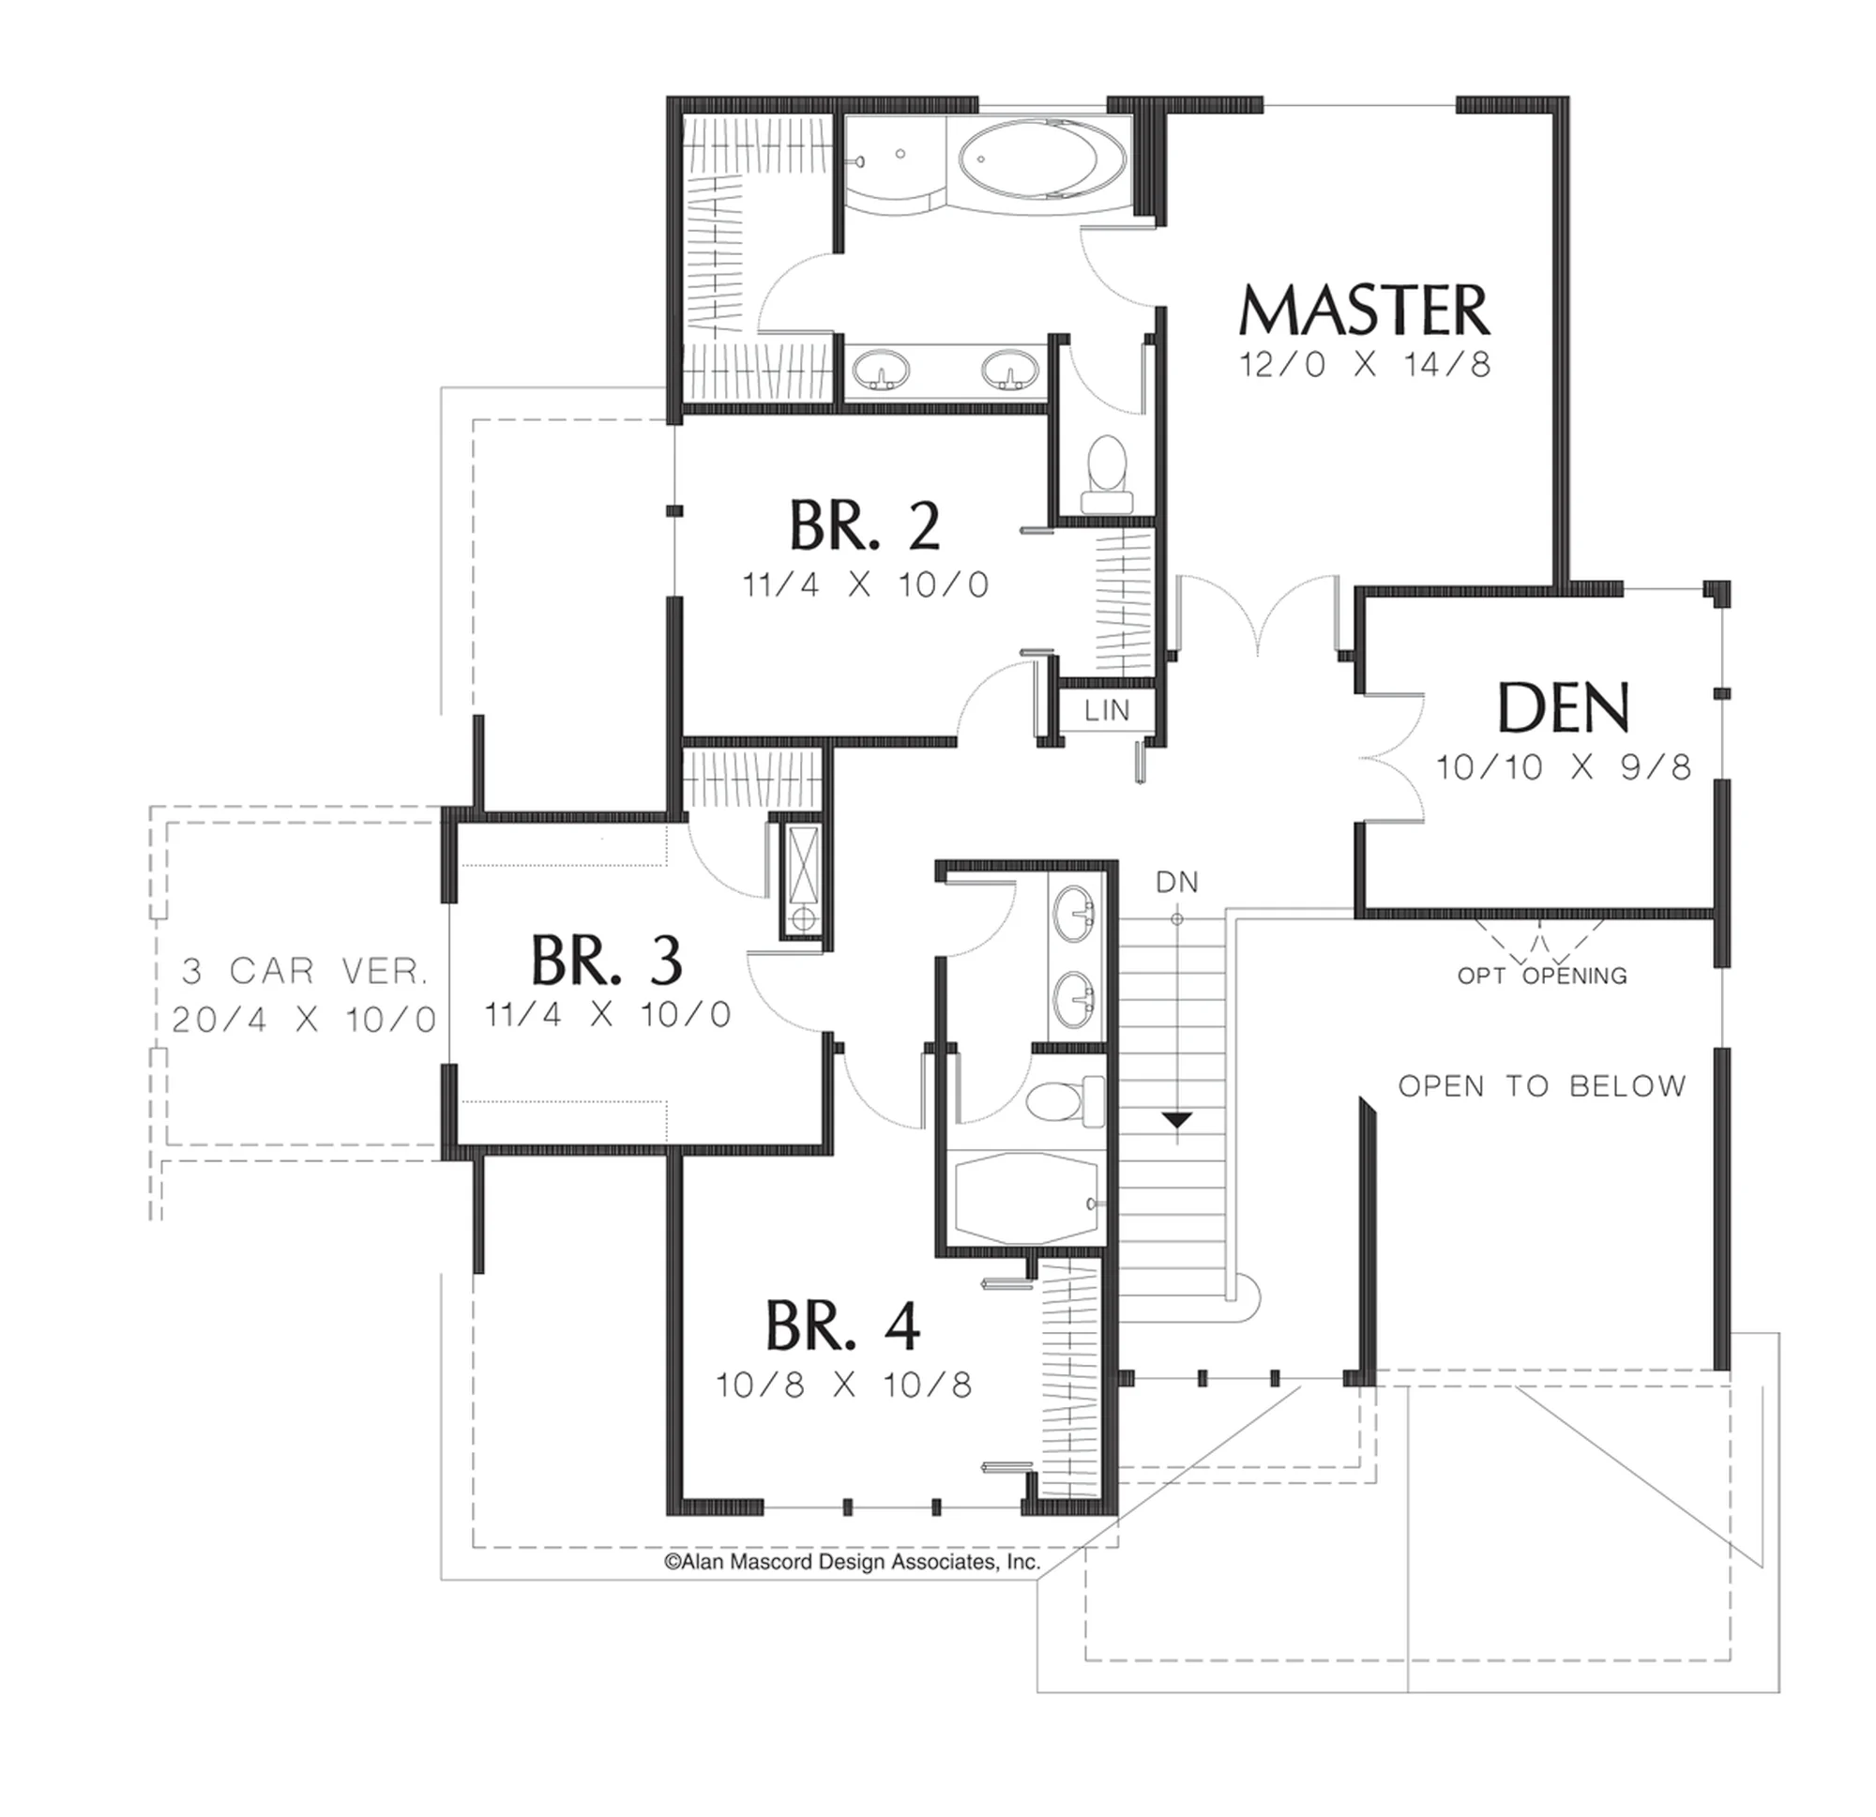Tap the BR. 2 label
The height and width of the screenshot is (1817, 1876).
pos(864,525)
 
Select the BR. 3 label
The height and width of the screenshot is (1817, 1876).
pos(607,961)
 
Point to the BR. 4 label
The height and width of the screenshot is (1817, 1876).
pos(843,1325)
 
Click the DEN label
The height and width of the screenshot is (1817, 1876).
pos(1563,707)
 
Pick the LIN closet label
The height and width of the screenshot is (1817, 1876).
pos(1108,710)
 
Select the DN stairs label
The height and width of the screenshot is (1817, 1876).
pos(1176,882)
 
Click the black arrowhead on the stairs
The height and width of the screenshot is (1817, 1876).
pos(1177,1119)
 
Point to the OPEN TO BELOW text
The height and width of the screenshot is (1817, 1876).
pos(1542,1085)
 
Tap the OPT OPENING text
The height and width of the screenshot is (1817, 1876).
pos(1542,976)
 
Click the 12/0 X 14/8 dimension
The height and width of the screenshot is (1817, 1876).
pos(1365,365)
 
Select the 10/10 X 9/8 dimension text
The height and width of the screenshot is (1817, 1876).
pos(1563,766)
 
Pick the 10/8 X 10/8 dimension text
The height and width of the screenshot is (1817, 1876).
pos(843,1385)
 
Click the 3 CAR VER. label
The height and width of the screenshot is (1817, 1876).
pos(304,972)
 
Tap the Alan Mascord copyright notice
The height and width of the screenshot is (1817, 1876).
pos(852,1563)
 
